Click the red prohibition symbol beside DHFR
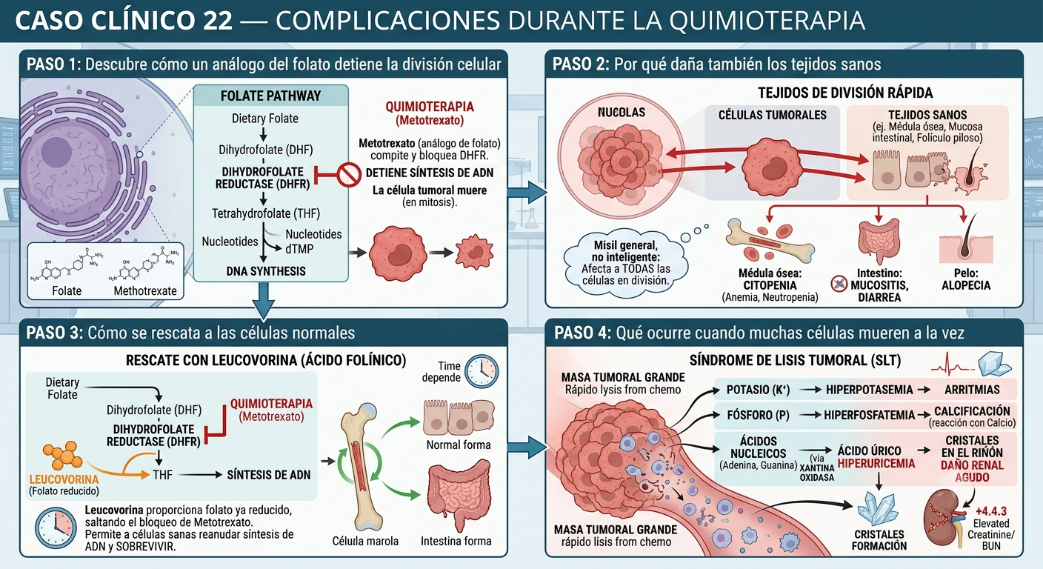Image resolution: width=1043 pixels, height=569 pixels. (x=348, y=175)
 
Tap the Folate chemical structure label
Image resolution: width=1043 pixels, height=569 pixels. (x=67, y=291)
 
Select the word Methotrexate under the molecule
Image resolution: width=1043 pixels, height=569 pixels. (x=145, y=291)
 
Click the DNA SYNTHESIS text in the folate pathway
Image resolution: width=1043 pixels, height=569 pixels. (x=266, y=271)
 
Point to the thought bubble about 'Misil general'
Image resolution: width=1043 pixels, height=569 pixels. (x=625, y=264)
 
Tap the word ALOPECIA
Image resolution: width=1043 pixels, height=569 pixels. (x=966, y=285)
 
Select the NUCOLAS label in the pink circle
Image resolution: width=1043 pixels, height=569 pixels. (x=622, y=112)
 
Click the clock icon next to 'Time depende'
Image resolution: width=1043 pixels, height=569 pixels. (x=482, y=371)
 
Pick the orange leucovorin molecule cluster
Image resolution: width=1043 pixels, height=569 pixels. (x=62, y=455)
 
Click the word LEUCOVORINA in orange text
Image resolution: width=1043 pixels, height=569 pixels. (x=64, y=479)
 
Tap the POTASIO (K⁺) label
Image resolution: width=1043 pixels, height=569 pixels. (x=758, y=390)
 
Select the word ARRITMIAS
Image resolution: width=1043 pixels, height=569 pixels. (x=972, y=390)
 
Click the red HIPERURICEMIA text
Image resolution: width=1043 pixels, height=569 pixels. (x=876, y=463)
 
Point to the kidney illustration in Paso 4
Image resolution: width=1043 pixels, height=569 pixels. (x=942, y=518)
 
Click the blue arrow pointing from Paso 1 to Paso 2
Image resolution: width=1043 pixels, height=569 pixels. (x=527, y=193)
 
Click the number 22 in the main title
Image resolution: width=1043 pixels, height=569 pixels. (x=218, y=21)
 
